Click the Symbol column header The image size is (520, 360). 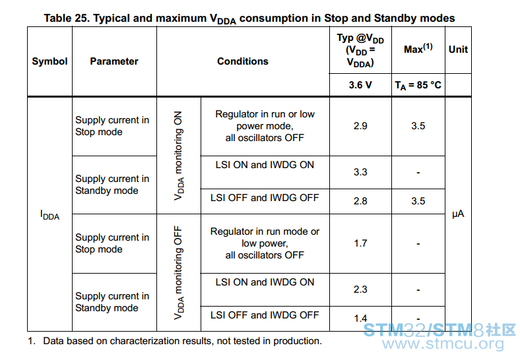pyautogui.click(x=49, y=61)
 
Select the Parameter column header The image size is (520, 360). pyautogui.click(x=114, y=61)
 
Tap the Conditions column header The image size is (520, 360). pyautogui.click(x=243, y=61)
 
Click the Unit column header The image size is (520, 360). pyautogui.click(x=458, y=49)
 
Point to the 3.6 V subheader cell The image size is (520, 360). pyautogui.click(x=360, y=85)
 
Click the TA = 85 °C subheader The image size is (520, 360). pyautogui.click(x=418, y=86)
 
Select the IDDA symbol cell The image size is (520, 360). pyautogui.click(x=49, y=215)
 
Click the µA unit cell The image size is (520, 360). pyautogui.click(x=458, y=214)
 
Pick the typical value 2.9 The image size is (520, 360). pyautogui.click(x=360, y=126)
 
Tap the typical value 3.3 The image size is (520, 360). pyautogui.click(x=360, y=172)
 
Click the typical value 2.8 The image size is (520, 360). pyautogui.click(x=360, y=201)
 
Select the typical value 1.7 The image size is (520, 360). pyautogui.click(x=360, y=243)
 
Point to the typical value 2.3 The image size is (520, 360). pyautogui.click(x=360, y=289)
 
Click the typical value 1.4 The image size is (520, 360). pyautogui.click(x=360, y=318)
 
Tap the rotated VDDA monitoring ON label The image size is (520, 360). pyautogui.click(x=179, y=156)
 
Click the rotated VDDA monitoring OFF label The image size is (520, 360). pyautogui.click(x=179, y=273)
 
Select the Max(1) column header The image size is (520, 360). pyautogui.click(x=418, y=48)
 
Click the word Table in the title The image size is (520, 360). pyautogui.click(x=57, y=18)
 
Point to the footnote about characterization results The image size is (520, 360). pyautogui.click(x=175, y=341)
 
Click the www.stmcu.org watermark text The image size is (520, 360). pyautogui.click(x=443, y=344)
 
